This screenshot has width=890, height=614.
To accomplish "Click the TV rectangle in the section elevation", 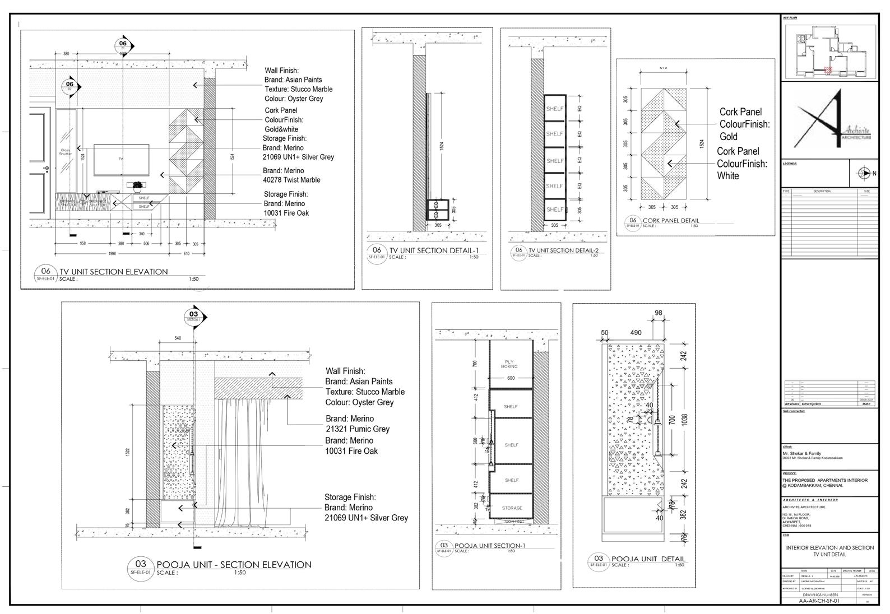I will click(120, 160).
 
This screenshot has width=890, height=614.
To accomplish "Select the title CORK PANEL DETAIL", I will click(671, 221).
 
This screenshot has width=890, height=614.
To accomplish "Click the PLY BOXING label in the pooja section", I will click(510, 364).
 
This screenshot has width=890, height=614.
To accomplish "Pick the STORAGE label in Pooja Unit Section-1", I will click(512, 508).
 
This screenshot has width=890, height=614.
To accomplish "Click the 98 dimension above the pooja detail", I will click(659, 313).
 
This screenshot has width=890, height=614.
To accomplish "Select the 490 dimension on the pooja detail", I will click(636, 333).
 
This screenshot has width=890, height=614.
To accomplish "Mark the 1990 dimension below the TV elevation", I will click(112, 254).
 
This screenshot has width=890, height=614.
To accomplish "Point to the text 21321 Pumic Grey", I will click(357, 429).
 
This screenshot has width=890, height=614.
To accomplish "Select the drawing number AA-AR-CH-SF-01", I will click(819, 601).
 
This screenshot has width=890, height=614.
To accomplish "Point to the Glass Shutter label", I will click(66, 152).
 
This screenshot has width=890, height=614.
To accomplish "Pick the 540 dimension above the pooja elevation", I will click(178, 338).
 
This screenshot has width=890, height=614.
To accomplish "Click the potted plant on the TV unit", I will click(137, 186).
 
